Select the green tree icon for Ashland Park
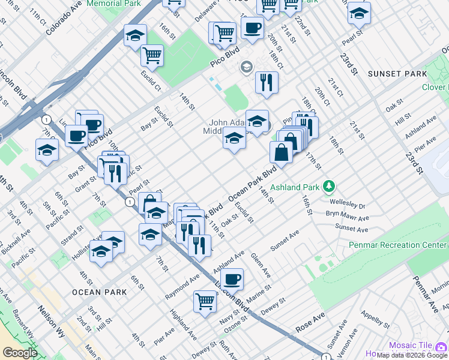pyautogui.click(x=328, y=187)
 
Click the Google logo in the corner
pyautogui.click(x=20, y=353)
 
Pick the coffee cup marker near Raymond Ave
pyautogui.click(x=232, y=279)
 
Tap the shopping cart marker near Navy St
pyautogui.click(x=205, y=301)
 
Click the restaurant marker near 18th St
pyautogui.click(x=267, y=83)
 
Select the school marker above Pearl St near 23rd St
pyautogui.click(x=358, y=13)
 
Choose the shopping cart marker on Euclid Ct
pyautogui.click(x=152, y=56)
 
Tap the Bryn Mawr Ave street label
pyautogui.click(x=348, y=214)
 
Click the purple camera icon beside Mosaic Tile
pyautogui.click(x=441, y=346)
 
